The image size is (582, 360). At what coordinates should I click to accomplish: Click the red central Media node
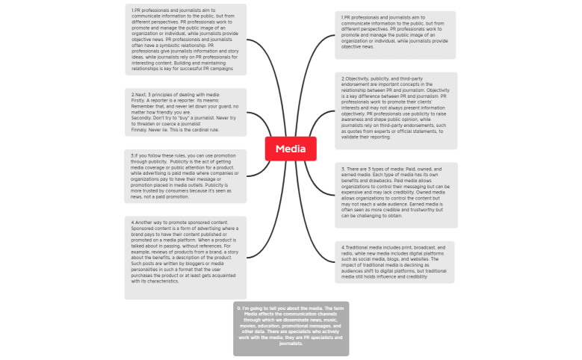[x=291, y=149]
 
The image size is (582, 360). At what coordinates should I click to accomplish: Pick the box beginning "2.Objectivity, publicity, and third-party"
[x=395, y=111]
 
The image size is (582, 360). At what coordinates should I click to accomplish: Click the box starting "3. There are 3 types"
[x=395, y=195]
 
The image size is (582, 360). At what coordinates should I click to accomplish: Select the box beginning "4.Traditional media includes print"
[x=395, y=261]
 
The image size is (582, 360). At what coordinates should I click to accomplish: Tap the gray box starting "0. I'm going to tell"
[x=291, y=329]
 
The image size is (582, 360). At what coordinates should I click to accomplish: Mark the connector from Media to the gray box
[x=290, y=232]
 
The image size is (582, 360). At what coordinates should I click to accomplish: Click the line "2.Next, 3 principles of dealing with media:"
[x=176, y=95]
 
